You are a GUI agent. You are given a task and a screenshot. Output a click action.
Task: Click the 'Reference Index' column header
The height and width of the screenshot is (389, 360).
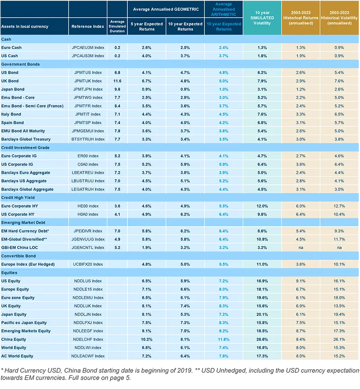coord(88,27)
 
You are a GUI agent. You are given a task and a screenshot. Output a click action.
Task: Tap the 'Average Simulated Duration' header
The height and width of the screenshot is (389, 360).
coord(117,27)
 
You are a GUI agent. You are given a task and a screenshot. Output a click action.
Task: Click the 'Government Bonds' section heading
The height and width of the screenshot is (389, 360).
coord(21,64)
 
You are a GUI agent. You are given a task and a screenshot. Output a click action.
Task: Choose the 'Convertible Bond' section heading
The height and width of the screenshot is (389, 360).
coord(19,256)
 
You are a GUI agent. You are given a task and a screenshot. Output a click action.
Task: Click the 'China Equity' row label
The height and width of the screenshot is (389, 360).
coord(14,340)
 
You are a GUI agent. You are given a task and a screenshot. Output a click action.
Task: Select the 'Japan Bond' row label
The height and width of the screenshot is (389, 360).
coord(13,89)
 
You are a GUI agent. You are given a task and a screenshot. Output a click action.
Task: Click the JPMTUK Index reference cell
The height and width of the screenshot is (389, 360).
coord(88,81)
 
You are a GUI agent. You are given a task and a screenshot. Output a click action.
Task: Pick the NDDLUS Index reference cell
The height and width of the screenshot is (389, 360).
coord(88,281)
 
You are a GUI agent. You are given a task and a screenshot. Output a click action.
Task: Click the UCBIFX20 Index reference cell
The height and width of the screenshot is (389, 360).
coord(88,264)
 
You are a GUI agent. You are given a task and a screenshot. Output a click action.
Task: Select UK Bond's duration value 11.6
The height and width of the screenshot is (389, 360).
coord(117,81)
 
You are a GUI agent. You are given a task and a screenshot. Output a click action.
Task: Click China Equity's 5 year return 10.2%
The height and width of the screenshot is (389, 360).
coord(146,340)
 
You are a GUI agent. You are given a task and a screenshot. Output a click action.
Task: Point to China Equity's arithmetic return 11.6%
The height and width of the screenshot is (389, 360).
coord(224,340)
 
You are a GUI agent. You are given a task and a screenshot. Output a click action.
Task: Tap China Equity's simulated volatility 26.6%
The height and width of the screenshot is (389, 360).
coord(262,340)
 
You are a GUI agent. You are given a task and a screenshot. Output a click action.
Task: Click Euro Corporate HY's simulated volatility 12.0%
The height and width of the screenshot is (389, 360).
coord(262,206)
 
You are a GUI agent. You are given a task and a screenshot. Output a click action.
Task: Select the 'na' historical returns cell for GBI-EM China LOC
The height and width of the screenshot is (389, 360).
coord(301,247)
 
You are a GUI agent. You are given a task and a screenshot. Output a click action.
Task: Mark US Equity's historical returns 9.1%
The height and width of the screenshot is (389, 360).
coord(301,281)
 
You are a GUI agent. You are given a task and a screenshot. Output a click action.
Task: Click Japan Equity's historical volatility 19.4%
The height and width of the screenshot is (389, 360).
coord(340,314)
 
